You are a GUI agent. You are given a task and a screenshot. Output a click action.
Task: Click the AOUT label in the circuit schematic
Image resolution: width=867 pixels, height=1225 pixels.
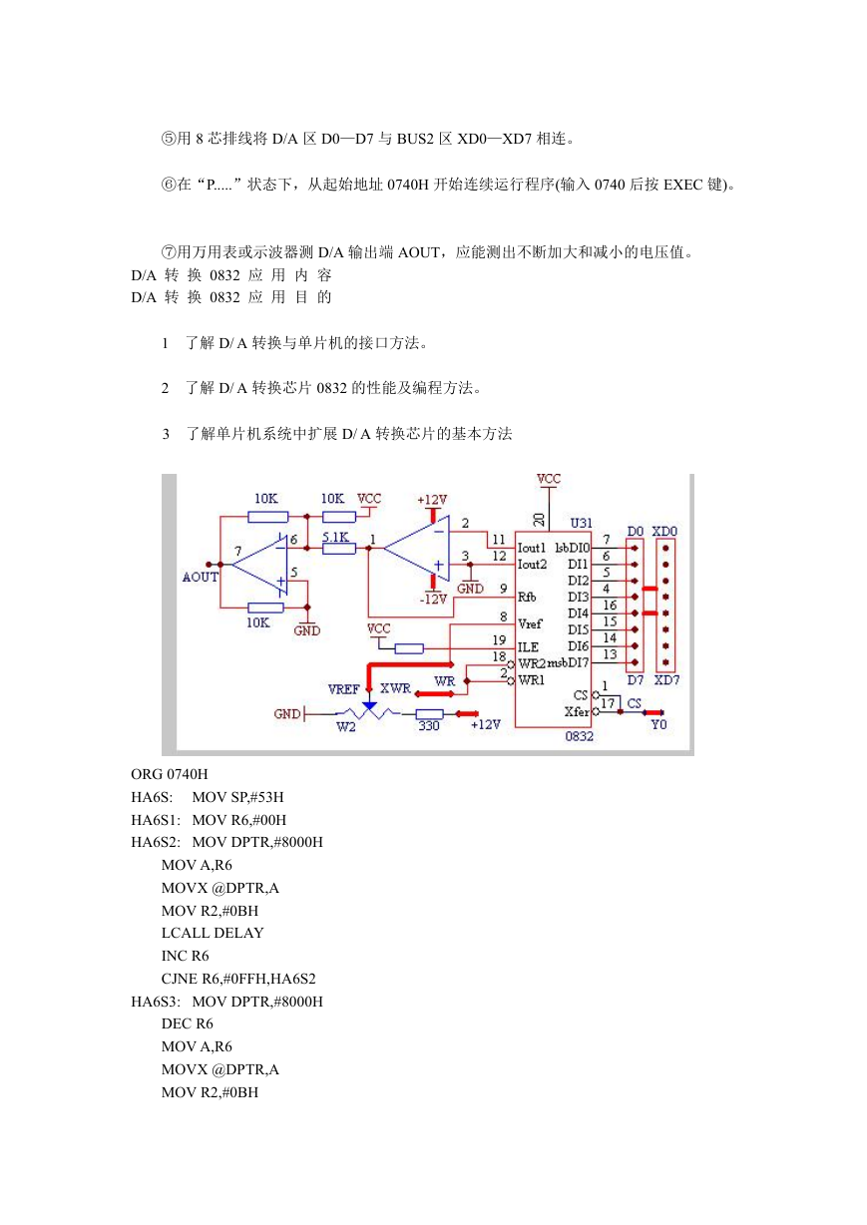click(201, 577)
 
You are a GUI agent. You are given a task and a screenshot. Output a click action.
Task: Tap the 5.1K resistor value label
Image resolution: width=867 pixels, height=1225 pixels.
click(335, 537)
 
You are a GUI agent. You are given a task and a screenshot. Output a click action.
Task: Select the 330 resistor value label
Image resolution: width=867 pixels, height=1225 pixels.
click(429, 725)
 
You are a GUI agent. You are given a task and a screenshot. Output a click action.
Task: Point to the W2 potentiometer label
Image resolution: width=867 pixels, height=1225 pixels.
click(346, 727)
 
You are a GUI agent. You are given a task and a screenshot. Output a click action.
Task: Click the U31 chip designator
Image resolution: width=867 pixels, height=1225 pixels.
click(581, 524)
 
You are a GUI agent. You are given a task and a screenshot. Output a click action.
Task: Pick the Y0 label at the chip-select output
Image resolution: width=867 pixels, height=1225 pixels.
click(658, 724)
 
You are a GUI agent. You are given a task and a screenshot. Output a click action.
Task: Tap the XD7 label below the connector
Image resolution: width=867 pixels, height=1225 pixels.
click(666, 680)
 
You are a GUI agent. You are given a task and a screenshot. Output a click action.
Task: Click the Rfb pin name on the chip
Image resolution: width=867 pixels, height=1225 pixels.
click(527, 597)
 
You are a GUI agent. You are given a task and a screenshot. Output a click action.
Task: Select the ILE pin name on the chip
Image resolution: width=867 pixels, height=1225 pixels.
click(528, 647)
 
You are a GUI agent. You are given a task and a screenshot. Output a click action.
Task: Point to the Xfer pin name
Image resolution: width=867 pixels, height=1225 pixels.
click(577, 712)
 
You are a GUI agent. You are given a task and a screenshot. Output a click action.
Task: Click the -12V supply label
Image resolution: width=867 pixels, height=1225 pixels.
click(433, 599)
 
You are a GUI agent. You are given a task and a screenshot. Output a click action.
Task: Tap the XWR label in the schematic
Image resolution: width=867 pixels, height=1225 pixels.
click(395, 688)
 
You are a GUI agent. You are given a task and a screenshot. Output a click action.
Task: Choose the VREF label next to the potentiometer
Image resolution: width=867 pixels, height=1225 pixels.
click(343, 689)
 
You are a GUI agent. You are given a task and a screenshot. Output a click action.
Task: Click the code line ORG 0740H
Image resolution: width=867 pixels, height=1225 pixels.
click(170, 774)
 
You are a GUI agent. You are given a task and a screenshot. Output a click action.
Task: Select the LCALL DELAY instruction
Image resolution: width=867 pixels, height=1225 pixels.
click(213, 933)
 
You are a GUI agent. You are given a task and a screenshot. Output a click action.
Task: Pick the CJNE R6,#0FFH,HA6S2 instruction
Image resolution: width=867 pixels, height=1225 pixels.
click(238, 979)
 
